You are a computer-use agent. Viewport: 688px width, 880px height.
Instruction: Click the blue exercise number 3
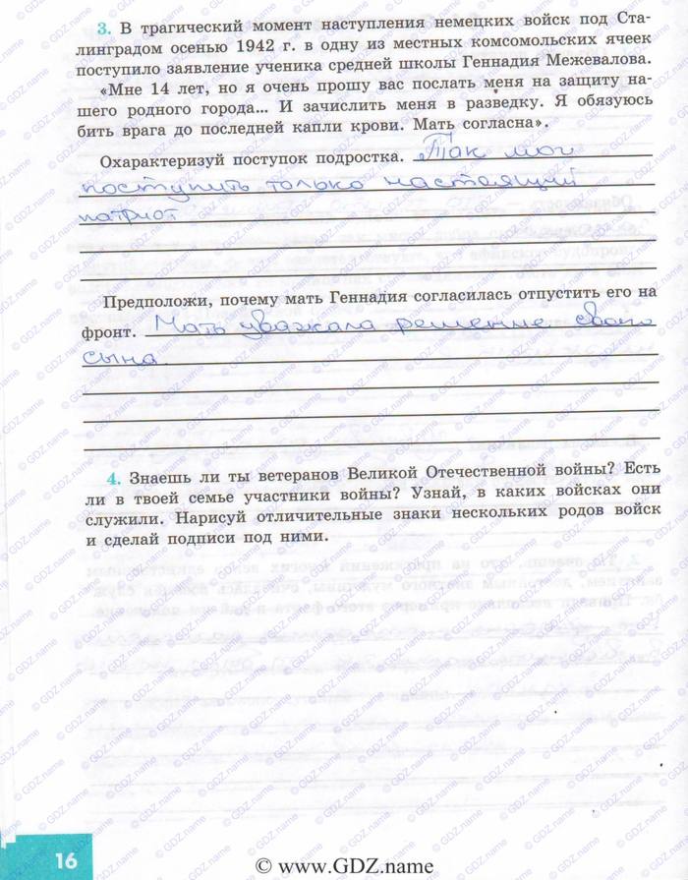coord(99,19)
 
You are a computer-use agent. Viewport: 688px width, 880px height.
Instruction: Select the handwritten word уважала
coord(296,330)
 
